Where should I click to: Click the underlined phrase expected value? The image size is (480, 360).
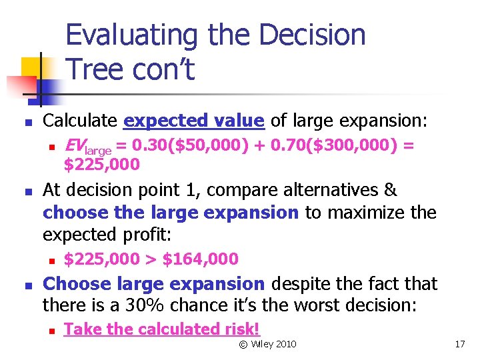194,121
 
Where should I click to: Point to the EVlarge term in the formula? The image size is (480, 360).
87,145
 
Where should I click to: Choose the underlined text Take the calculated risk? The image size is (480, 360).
161,329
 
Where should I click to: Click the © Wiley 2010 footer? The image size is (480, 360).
267,344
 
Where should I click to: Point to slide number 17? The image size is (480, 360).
459,344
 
